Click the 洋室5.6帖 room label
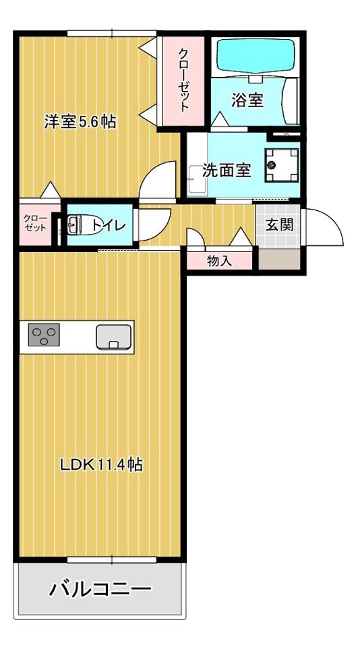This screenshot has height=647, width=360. [x=80, y=123]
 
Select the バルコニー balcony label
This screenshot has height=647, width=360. [x=100, y=590]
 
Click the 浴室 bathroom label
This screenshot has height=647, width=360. [x=247, y=100]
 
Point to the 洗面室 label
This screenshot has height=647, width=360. [x=227, y=170]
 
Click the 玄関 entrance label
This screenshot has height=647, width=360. [x=279, y=224]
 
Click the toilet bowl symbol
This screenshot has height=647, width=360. [x=79, y=225]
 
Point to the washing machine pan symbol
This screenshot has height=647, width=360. [x=282, y=164]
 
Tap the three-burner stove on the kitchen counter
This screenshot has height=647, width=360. [x=44, y=336]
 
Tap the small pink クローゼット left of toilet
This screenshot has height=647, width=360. [x=35, y=223]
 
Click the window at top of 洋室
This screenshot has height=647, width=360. [x=111, y=32]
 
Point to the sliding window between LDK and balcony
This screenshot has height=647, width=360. [x=112, y=559]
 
